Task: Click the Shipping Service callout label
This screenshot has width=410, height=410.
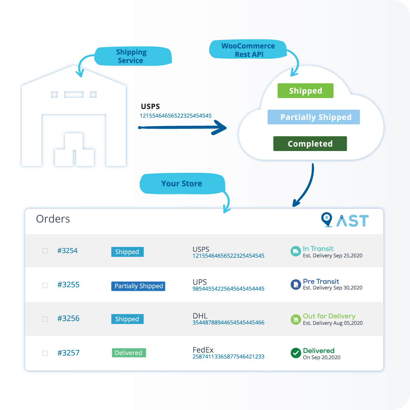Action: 132,56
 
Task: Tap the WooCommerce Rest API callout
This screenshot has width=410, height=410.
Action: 248,50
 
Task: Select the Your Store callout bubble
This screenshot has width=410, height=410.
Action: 182,184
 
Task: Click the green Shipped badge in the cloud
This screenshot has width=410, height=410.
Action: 305,91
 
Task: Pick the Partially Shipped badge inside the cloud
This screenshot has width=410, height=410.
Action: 314,117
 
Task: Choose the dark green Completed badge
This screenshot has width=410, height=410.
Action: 310,144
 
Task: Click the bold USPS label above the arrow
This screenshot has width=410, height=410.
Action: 150,107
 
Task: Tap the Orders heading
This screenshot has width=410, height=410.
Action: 53,219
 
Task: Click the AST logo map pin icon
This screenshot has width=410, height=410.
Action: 327,219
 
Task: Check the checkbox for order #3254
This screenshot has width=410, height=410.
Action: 45,251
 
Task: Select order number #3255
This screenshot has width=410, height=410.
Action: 68,285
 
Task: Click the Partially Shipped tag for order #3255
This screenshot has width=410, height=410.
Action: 138,286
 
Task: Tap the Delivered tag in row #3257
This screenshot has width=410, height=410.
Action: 129,353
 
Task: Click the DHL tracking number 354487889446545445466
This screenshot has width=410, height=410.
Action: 228,323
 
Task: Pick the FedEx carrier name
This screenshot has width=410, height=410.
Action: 203,350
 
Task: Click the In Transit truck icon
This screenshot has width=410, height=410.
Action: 295,251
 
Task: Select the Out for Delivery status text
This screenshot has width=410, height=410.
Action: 329,316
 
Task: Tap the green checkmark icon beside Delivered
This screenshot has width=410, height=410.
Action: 296,353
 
